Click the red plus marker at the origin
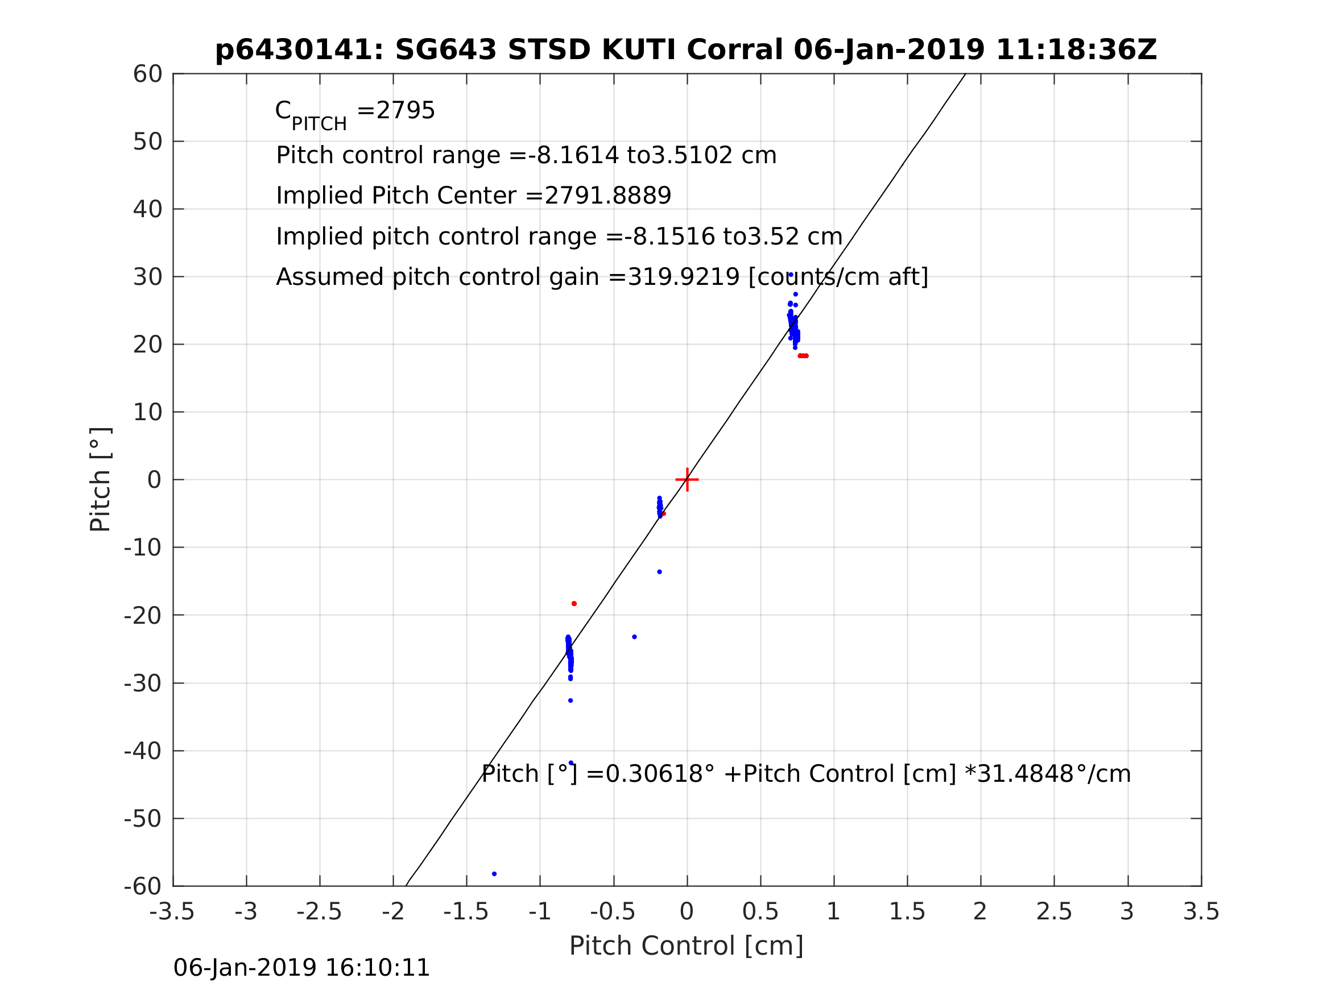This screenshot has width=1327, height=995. [687, 480]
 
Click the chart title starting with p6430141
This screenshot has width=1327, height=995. [686, 50]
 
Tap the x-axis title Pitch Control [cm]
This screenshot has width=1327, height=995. [686, 946]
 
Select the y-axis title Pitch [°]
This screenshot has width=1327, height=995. [100, 479]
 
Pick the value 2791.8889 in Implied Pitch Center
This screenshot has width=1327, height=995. [607, 196]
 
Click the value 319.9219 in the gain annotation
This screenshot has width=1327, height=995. [683, 277]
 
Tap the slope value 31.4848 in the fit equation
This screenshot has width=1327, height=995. [1030, 774]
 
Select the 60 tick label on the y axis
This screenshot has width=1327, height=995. [147, 74]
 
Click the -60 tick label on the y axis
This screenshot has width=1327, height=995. [143, 886]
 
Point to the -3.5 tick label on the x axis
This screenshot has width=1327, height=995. [172, 911]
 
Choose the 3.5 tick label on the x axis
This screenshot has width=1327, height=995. [1201, 911]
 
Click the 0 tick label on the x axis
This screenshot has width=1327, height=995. [687, 911]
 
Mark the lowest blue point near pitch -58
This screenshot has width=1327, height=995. [494, 874]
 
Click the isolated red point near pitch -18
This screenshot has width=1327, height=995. [574, 603]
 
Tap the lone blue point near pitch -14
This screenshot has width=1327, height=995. [659, 571]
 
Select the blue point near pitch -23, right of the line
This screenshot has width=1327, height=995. [634, 637]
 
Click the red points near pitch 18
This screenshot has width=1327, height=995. [803, 356]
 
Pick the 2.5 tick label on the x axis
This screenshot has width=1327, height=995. [1054, 911]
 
